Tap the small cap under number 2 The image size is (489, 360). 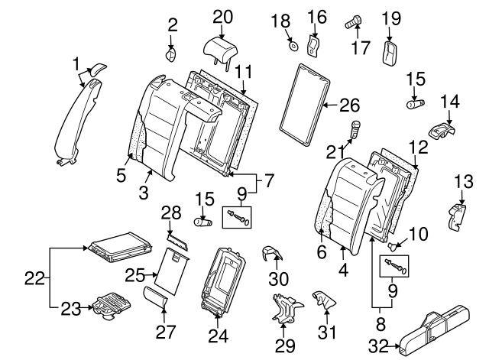click(x=172, y=54)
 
